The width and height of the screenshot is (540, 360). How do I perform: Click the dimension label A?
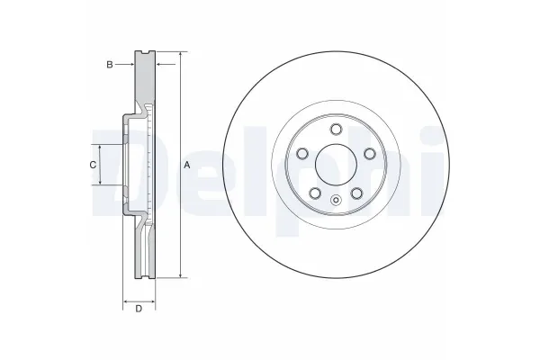point(186,165)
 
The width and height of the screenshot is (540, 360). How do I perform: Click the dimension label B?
point(110,65)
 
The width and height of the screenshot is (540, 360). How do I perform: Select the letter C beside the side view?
point(93,165)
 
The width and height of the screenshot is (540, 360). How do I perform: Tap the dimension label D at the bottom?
point(139,309)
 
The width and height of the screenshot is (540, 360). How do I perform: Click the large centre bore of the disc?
point(336,165)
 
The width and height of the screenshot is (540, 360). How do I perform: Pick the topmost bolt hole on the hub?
point(336,130)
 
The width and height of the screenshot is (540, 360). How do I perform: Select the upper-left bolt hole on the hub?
point(302,154)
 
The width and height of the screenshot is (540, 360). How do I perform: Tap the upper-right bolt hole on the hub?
point(370,154)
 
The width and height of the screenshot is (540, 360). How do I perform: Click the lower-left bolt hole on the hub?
point(315,193)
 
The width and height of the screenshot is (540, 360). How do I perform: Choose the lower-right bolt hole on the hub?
point(356,193)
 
